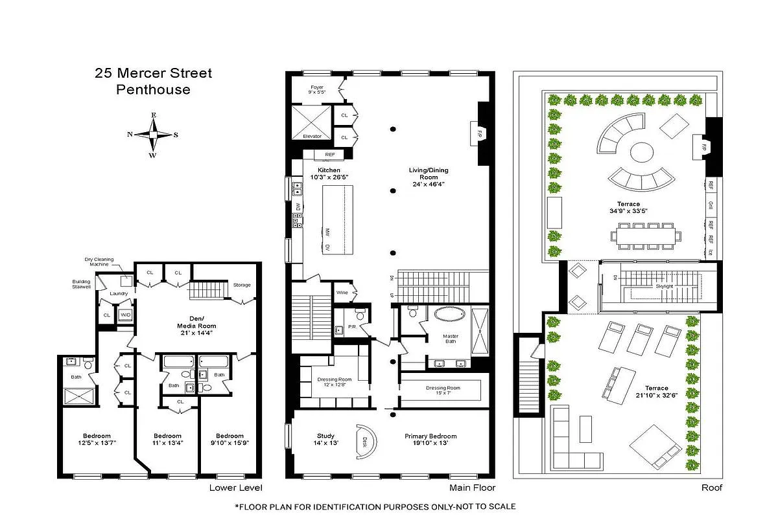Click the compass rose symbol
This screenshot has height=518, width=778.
pyautogui.click(x=153, y=135)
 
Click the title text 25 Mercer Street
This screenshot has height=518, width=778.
pyautogui.click(x=153, y=73)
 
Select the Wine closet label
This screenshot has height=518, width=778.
pyautogui.click(x=342, y=293)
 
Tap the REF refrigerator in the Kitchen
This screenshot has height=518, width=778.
pyautogui.click(x=330, y=155)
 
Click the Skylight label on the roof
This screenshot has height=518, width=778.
pyautogui.click(x=664, y=286)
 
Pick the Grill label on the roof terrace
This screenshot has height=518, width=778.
pyautogui.click(x=711, y=205)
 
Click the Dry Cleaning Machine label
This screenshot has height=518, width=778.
pyautogui.click(x=99, y=262)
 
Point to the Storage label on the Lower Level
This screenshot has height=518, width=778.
pyautogui.click(x=241, y=285)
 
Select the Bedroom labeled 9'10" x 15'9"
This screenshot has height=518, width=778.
pyautogui.click(x=230, y=440)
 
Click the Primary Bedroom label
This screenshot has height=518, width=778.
pyautogui.click(x=430, y=440)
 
